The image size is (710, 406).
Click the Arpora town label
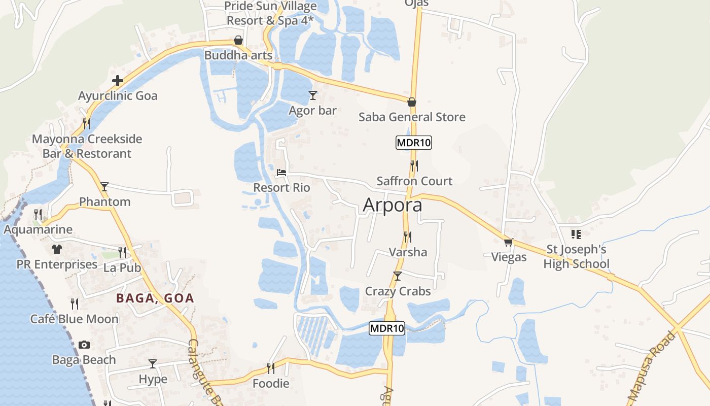(393, 205)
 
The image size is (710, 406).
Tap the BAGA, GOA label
(155, 298)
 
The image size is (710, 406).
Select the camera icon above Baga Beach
(84, 345)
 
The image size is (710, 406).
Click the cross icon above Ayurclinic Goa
(118, 80)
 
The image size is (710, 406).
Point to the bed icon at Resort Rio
(281, 173)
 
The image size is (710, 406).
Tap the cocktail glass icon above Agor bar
(313, 95)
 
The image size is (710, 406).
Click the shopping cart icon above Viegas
(509, 242)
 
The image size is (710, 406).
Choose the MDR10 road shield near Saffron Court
(413, 143)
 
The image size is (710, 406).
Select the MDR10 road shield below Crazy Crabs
(387, 328)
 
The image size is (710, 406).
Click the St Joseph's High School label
(576, 257)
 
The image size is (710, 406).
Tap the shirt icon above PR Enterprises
(56, 249)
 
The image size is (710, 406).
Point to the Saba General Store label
(412, 117)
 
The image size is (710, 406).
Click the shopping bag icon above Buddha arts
(238, 40)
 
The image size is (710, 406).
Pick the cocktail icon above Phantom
(104, 186)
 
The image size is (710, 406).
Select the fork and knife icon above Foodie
(271, 368)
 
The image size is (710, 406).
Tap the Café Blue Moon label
(75, 319)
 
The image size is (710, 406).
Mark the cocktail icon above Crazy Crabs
(398, 276)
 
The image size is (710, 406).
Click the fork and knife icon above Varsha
(407, 236)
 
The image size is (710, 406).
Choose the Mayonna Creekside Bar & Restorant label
(87, 146)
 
